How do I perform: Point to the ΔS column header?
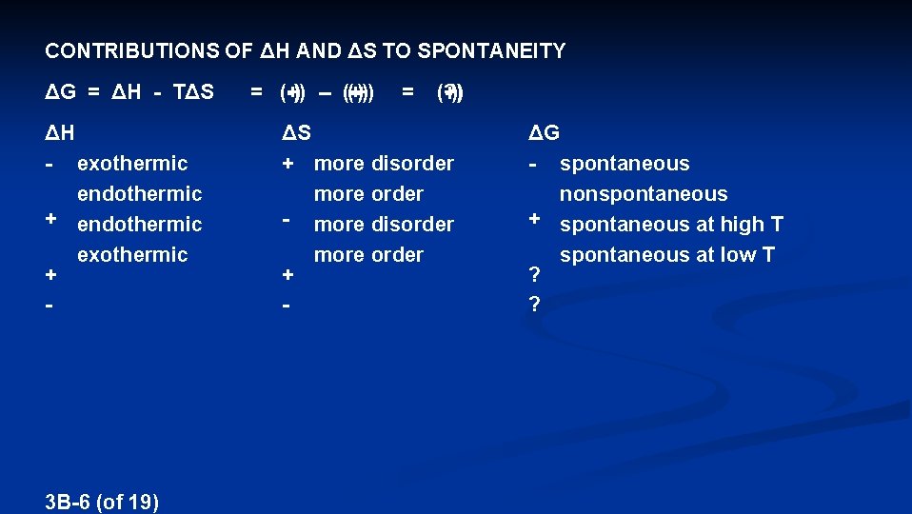pos(296,131)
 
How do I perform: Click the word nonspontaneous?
pos(644,194)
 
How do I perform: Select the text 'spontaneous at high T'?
pos(671,225)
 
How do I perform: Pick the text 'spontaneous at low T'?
pos(667,255)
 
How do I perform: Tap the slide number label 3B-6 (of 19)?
pos(102,502)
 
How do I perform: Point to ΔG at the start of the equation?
pos(61,92)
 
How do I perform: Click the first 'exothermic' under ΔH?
pos(132,164)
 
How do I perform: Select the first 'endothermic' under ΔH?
pos(140,194)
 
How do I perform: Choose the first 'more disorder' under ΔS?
pos(384,164)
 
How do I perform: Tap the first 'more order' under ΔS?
pos(368,194)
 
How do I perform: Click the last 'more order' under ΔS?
pos(368,255)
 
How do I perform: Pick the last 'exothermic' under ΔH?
pos(132,255)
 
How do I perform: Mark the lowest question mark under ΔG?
pos(534,305)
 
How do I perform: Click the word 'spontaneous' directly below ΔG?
pos(625,164)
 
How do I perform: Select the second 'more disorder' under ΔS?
pos(384,225)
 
